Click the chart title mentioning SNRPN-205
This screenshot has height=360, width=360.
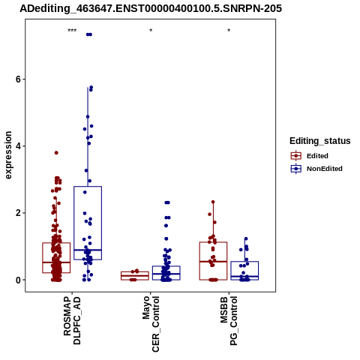[151, 9]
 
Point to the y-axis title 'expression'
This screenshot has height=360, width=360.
[8, 155]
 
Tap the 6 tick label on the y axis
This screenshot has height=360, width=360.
[18, 79]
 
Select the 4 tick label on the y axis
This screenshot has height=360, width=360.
[18, 146]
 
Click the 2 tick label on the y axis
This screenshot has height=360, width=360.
[18, 213]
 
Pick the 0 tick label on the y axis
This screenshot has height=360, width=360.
[18, 280]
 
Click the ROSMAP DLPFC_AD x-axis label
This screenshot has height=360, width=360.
[72, 321]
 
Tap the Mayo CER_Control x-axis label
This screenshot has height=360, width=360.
[151, 324]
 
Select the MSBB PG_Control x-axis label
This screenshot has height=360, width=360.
[229, 321]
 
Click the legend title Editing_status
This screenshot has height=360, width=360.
[320, 141]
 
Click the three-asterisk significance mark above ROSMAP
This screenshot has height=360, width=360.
[72, 31]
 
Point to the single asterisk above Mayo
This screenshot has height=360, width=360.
[151, 31]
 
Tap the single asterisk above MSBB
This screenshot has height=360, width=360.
[229, 31]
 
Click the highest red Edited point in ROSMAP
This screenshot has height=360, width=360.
[56, 153]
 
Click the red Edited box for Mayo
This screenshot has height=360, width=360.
[135, 271]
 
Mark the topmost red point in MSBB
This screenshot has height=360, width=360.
[213, 202]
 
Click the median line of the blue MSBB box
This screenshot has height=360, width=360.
[244, 277]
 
